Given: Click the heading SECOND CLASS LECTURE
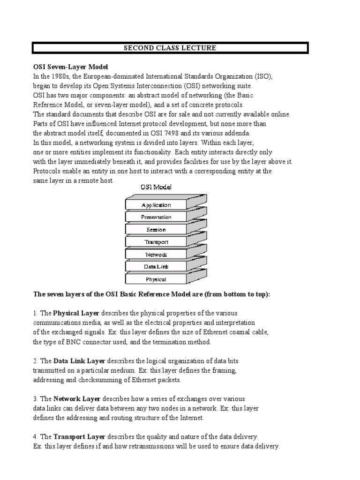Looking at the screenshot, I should [x=170, y=48].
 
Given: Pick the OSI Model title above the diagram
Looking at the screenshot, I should [x=156, y=187].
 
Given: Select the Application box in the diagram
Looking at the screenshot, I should [x=156, y=205].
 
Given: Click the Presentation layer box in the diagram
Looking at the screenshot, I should [x=156, y=217].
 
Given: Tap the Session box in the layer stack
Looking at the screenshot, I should [x=156, y=230].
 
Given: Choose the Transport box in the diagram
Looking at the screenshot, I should [x=156, y=242].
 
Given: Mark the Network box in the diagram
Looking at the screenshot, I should [x=156, y=255].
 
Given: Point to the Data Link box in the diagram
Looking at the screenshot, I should [x=156, y=267].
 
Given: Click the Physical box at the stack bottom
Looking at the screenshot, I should [x=156, y=279].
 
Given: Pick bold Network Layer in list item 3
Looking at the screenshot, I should [x=77, y=399].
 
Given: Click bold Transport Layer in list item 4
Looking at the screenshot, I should [x=79, y=437].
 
